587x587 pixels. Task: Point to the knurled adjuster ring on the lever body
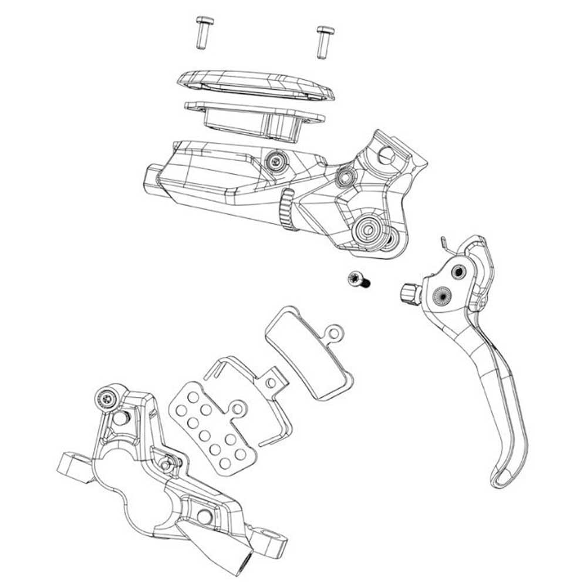286,211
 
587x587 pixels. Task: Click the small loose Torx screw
357,280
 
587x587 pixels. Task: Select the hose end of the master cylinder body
154,177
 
